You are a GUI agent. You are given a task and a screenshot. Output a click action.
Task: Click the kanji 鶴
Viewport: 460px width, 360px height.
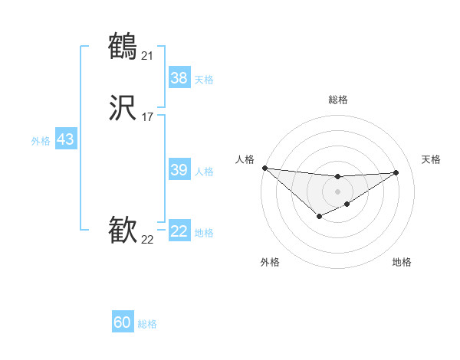point(123,47)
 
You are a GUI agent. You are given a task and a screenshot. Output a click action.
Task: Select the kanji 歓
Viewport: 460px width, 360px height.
point(123,231)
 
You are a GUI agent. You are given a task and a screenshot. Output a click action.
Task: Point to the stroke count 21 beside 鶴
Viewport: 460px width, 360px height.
point(147,55)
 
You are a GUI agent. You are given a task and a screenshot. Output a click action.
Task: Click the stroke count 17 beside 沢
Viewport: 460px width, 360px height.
point(147,118)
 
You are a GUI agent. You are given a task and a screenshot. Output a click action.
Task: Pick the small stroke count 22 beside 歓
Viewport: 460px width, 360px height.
point(147,239)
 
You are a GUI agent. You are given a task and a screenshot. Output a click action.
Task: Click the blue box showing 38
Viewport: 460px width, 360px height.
point(179,78)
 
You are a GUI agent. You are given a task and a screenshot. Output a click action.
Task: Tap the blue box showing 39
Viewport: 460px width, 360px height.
point(179,170)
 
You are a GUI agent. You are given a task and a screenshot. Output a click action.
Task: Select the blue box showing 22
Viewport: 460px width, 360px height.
point(179,231)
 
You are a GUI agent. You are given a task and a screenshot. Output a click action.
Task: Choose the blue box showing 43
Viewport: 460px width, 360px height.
point(65,139)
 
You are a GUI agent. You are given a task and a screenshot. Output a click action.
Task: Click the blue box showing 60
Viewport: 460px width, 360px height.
point(123,322)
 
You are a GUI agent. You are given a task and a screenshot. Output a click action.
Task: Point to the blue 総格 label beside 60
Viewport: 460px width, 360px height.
point(147,324)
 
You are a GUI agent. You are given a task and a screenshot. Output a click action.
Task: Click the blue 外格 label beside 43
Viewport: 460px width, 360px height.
point(41,141)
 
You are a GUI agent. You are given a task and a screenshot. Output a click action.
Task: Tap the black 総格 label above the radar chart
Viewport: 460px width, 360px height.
point(338,100)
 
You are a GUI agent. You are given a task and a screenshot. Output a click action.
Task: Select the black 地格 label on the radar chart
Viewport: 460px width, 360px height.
point(402,262)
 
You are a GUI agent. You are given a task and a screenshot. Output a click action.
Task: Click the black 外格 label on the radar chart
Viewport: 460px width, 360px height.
point(270,262)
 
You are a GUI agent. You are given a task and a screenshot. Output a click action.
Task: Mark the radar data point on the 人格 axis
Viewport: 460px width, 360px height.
point(264,168)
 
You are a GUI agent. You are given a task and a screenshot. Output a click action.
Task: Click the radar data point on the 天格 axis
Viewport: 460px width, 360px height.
point(396,172)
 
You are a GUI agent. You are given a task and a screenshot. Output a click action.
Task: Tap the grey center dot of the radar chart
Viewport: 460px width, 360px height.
point(338,191)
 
